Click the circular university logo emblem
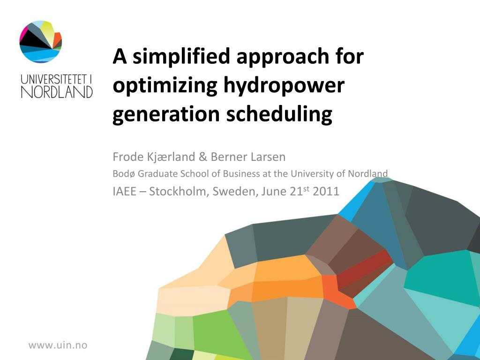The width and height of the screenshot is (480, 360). pyautogui.click(x=41, y=42)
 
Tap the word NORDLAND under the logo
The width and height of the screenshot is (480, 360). pyautogui.click(x=57, y=92)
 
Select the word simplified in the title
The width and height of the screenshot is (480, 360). pyautogui.click(x=181, y=57)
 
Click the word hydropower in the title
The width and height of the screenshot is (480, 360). pyautogui.click(x=284, y=85)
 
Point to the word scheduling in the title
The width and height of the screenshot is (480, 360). pyautogui.click(x=279, y=114)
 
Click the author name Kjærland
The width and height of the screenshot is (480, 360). pyautogui.click(x=171, y=157)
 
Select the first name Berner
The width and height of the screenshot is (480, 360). pyautogui.click(x=229, y=157)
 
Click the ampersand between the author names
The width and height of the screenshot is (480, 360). pyautogui.click(x=203, y=157)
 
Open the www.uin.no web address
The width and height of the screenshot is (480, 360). pyautogui.click(x=58, y=345)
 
